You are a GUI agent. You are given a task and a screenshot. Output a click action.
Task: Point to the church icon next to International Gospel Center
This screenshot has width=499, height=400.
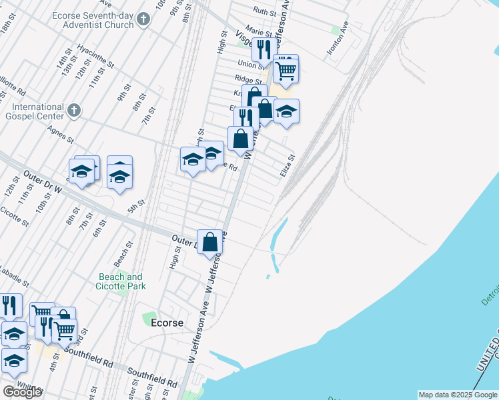(74, 109)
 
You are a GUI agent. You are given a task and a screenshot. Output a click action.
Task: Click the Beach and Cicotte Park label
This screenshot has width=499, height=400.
(121, 281)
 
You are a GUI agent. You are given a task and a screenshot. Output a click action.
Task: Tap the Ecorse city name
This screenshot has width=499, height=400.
(167, 322)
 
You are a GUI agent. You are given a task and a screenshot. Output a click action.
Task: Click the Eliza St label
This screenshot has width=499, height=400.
(288, 165)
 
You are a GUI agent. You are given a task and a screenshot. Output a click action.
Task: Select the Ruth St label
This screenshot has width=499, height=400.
(265, 11)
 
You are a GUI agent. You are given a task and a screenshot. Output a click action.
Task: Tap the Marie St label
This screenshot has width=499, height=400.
(258, 31)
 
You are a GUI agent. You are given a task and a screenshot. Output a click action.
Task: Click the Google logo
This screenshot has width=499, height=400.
(22, 392)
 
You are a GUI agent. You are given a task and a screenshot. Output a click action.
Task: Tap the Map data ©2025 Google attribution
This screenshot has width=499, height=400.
(458, 395)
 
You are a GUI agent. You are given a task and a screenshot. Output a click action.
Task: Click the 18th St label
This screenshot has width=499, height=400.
(7, 31)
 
